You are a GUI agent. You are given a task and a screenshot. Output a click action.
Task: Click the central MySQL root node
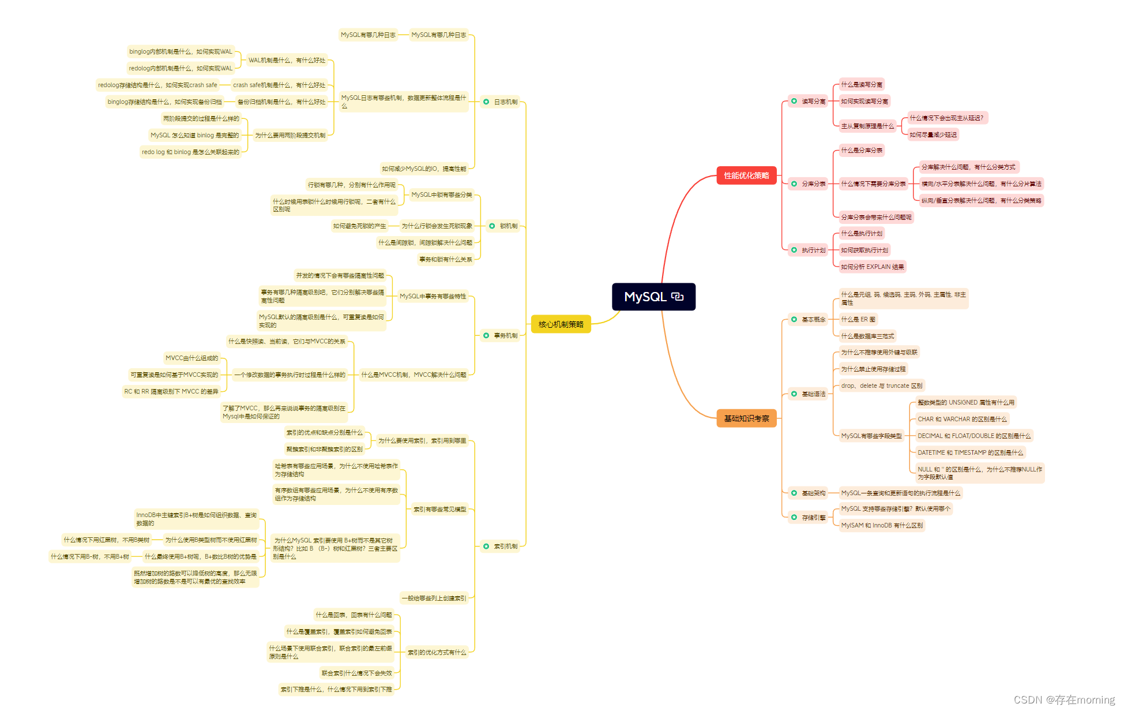(653, 297)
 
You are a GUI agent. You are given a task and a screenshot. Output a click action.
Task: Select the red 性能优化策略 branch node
(746, 175)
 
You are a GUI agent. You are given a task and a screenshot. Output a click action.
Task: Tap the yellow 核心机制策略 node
(561, 324)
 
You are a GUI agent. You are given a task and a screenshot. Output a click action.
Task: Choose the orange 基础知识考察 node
(746, 418)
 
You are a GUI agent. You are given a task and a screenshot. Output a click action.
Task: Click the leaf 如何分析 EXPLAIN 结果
(872, 267)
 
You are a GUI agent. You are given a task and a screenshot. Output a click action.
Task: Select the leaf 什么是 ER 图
(858, 320)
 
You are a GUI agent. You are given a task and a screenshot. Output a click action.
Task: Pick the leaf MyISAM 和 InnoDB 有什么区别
(881, 526)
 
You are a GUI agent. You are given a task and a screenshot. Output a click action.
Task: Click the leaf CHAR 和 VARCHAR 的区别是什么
(961, 420)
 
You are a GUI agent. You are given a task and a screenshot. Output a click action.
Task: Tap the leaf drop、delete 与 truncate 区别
(881, 386)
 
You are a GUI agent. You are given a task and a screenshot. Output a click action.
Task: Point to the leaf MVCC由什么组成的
(191, 358)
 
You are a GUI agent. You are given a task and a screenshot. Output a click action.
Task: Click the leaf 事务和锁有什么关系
(445, 260)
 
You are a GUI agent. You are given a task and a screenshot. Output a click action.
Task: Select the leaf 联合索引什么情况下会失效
(356, 673)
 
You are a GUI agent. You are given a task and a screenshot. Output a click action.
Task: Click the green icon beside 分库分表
(794, 184)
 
